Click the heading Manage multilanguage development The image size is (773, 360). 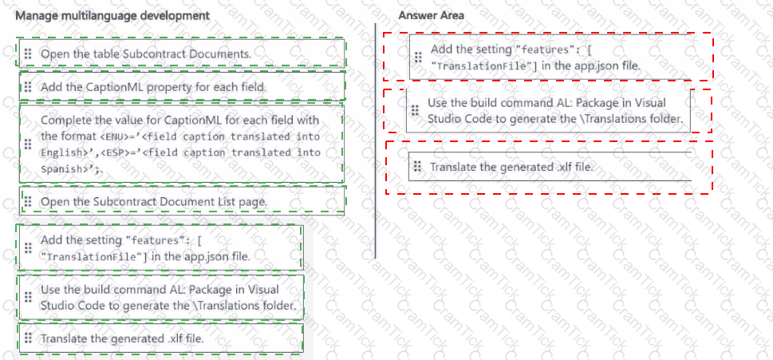click(112, 15)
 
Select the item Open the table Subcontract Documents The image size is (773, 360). click(146, 53)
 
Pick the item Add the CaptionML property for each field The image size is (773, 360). click(153, 86)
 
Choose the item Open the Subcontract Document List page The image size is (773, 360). click(154, 202)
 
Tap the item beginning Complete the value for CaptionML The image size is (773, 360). click(180, 144)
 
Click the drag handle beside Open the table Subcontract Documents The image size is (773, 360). click(27, 53)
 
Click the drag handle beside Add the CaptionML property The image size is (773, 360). click(27, 86)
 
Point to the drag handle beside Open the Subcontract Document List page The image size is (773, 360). click(27, 202)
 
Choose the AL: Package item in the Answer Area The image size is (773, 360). click(555, 110)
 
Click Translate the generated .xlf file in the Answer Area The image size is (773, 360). click(511, 167)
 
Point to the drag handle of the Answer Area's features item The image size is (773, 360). click(417, 57)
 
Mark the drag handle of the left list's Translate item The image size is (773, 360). click(27, 338)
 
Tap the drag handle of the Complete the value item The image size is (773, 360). click(27, 144)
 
